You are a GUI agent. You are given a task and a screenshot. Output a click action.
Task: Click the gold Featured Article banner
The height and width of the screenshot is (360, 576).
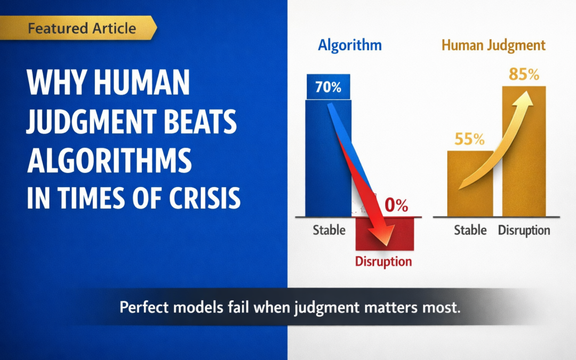pos(78,28)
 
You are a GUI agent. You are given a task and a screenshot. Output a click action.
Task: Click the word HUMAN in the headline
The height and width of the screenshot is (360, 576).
pos(141,82)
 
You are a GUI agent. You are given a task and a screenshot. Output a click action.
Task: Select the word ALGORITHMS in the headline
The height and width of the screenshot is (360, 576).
pos(109,161)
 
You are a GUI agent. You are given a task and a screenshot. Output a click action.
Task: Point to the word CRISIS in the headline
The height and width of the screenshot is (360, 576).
pos(205,198)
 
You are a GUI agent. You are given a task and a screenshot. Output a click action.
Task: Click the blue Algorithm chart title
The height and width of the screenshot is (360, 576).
pos(350,45)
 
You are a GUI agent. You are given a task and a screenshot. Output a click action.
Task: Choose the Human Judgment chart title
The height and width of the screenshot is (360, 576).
pos(493,45)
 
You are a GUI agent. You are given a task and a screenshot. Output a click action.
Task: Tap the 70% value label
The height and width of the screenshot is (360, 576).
pos(328,87)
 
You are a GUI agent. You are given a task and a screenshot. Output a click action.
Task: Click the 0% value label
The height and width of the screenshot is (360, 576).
pos(396,205)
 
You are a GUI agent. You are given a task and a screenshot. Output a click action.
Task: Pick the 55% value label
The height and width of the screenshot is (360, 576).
pos(469,139)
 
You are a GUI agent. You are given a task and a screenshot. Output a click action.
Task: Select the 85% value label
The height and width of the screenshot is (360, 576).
pos(524,74)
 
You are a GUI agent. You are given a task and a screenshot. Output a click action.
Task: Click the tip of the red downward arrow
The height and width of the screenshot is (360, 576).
pos(387,245)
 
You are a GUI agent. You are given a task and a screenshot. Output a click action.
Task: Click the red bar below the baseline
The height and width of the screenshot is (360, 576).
pos(384,234)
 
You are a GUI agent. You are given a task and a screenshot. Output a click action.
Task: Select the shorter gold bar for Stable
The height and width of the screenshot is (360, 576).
pos(470,183)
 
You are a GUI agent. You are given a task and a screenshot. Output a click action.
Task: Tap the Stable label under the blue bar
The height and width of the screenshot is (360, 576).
pos(329,230)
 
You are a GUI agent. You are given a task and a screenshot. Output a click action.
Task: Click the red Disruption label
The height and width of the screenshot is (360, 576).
pos(383,261)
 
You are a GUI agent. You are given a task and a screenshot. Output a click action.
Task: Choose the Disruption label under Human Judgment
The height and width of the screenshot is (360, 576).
pos(524,230)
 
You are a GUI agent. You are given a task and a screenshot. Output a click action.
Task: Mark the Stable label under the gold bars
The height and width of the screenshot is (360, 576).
pos(470,230)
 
